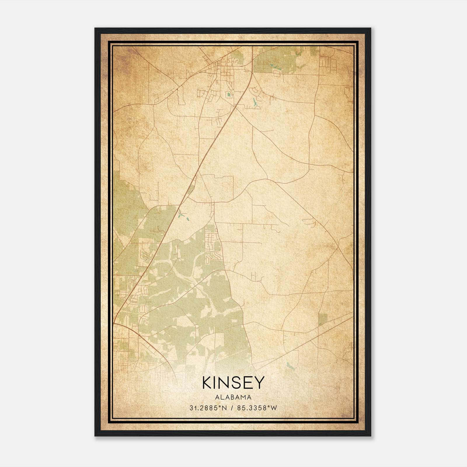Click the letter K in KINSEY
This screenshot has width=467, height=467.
pos(207,382)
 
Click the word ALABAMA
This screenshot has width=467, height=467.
pos(233,397)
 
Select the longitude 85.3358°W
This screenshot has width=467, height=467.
pos(257,408)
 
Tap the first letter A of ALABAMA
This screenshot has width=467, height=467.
pos(217,397)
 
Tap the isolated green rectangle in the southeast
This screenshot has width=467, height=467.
pos(323,320)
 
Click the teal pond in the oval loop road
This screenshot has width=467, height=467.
pos(229,94)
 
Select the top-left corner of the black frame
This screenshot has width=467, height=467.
pos(95,28)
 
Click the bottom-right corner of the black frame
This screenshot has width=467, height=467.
pos(371,436)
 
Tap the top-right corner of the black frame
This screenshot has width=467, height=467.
pos(371,28)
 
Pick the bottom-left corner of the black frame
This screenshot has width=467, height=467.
pos(95,436)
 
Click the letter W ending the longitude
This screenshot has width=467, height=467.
pos(273,408)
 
